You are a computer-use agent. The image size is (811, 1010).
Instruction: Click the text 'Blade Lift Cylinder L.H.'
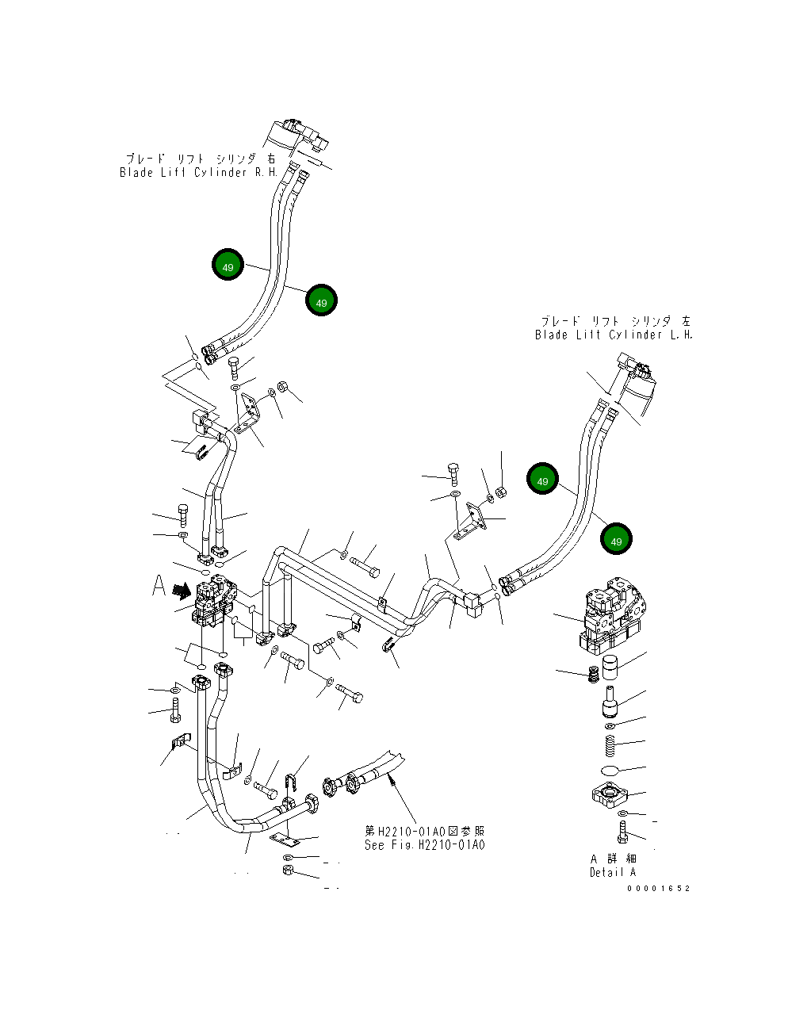614,335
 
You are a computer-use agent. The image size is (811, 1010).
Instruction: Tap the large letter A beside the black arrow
159,587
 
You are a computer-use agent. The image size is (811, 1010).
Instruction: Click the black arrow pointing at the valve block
182,590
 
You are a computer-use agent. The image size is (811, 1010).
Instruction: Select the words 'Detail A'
612,872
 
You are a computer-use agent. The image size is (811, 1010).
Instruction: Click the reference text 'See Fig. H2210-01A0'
424,845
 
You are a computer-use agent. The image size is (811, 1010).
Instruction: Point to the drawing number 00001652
658,889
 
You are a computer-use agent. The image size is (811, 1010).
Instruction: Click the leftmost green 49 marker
228,266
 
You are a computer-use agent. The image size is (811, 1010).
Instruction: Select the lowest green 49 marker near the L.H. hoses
616,540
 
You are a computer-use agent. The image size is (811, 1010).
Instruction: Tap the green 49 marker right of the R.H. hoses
321,302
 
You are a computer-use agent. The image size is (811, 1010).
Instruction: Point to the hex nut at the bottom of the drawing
289,871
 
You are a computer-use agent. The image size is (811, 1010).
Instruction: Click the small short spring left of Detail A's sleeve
591,676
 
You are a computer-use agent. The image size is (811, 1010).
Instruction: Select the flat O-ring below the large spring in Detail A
610,771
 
